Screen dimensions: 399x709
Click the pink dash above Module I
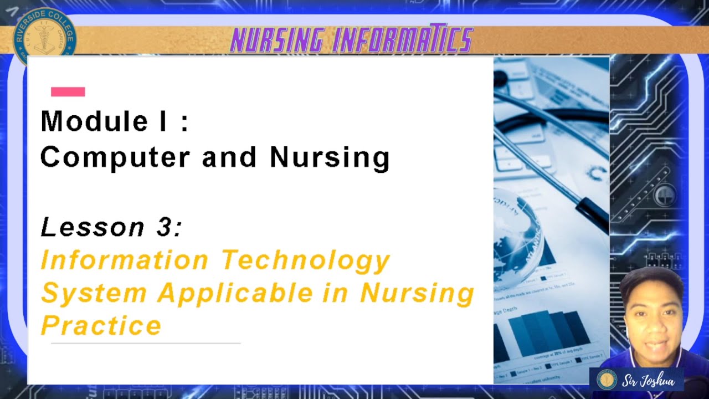pyautogui.click(x=68, y=92)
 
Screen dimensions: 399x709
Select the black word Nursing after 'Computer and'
pyautogui.click(x=330, y=158)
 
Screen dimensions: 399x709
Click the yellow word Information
pyautogui.click(x=125, y=260)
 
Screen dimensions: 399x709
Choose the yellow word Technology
pyautogui.click(x=306, y=260)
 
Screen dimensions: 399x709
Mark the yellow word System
pyautogui.click(x=94, y=293)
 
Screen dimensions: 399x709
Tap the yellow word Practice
pyautogui.click(x=101, y=325)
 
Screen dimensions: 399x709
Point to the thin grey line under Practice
pyautogui.click(x=145, y=344)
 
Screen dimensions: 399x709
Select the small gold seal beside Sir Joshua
pyautogui.click(x=607, y=380)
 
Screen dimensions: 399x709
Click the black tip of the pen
pyautogui.click(x=593, y=216)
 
